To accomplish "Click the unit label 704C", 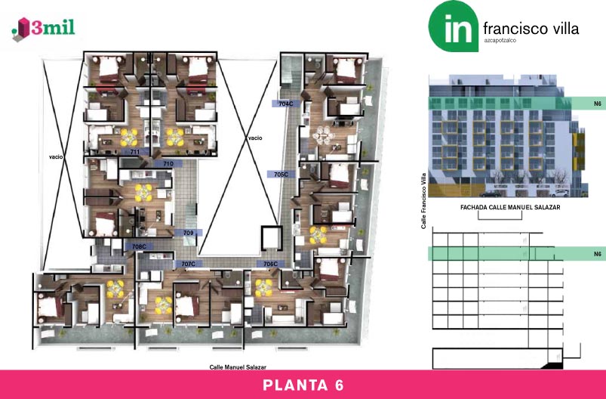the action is point(286,104).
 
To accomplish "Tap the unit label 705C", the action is point(281,175).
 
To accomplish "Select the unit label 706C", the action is point(270,264).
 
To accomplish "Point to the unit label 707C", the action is point(189,264).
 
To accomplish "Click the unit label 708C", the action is point(139,246).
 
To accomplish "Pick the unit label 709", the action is point(188,233).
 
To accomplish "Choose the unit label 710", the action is point(168,164).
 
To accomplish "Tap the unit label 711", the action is point(135,152).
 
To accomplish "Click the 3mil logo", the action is point(43,29).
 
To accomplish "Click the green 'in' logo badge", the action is point(454,26).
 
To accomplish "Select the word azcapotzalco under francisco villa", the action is point(500,40).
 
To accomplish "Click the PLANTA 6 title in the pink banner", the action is point(303,385).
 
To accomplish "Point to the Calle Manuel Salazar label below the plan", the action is point(238,367).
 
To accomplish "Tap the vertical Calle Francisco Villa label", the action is point(423,200).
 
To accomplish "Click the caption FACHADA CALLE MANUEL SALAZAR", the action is point(510,207).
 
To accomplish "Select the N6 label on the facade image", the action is point(598,104).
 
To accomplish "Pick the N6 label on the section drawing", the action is point(598,254).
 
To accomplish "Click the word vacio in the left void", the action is point(56,156).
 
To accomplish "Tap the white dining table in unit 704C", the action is point(323,135).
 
